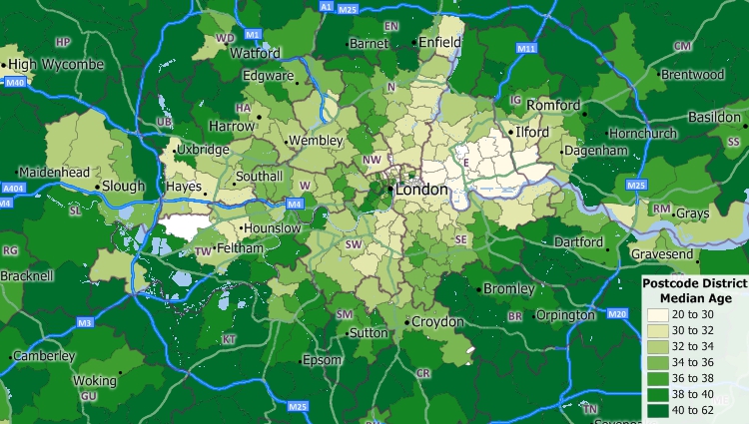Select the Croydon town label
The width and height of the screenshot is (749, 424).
click(438, 322)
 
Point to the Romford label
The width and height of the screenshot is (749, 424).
click(553, 105)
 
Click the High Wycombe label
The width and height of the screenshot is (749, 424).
click(57, 64)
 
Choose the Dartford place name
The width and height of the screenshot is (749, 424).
click(578, 242)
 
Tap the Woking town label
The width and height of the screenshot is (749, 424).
click(95, 381)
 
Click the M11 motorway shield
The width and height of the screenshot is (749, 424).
click(526, 48)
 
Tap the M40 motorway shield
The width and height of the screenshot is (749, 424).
click(14, 83)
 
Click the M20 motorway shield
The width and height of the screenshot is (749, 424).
click(616, 314)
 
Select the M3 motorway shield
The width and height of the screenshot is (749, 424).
click(85, 323)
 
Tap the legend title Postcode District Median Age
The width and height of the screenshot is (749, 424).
click(694, 291)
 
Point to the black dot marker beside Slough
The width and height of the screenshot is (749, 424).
click(98, 186)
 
